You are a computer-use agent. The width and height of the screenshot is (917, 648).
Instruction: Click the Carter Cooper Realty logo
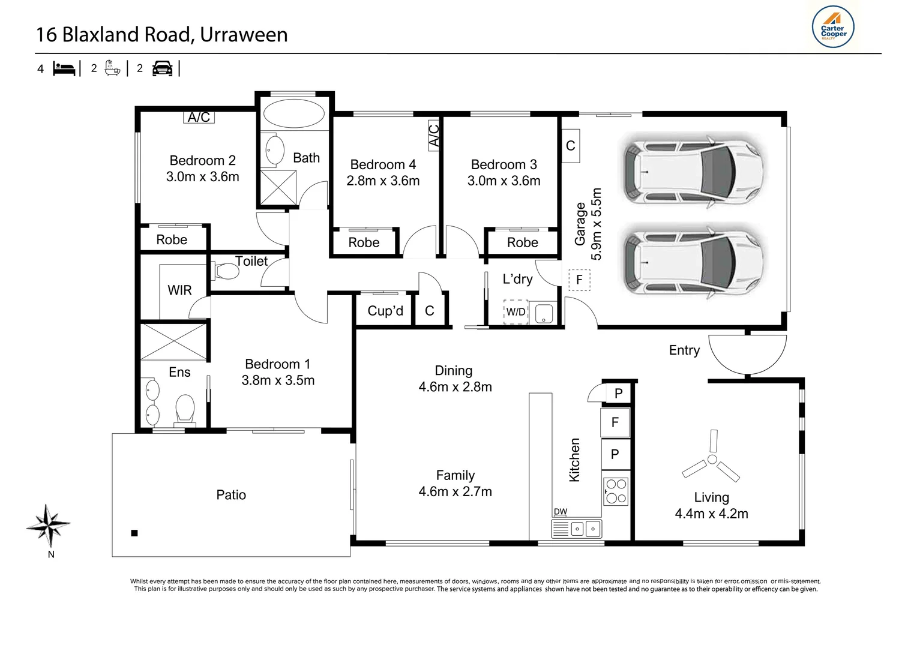[x=832, y=27]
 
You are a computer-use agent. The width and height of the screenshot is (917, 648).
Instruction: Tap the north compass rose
[x=48, y=526]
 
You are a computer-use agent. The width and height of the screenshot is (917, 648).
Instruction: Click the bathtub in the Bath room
[x=293, y=114]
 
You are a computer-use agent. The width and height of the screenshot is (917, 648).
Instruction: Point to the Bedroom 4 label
[x=383, y=164]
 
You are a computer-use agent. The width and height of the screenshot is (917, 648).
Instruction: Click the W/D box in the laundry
[x=516, y=312]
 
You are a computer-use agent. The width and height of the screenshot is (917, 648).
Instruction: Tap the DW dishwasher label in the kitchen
[x=560, y=511]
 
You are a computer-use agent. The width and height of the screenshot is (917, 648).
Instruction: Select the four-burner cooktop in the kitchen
[x=616, y=491]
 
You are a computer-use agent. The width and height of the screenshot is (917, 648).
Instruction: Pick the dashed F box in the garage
[x=579, y=280]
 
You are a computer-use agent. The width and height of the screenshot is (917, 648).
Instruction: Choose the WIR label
[x=179, y=290]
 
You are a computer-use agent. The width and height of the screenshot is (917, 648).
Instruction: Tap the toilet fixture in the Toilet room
[x=224, y=271]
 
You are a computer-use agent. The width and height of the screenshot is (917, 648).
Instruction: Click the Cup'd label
[x=385, y=311]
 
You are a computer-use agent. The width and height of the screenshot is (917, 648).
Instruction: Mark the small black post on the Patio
[x=134, y=533]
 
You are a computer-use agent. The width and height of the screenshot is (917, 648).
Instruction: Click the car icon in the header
[x=163, y=68]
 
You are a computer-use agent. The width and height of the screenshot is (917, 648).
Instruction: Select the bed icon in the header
[x=64, y=69]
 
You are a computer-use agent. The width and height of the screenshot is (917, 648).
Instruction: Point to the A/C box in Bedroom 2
[x=199, y=117]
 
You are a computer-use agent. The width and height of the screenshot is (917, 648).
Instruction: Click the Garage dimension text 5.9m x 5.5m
[x=597, y=224]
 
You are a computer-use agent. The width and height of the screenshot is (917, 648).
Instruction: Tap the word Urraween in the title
[x=244, y=34]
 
